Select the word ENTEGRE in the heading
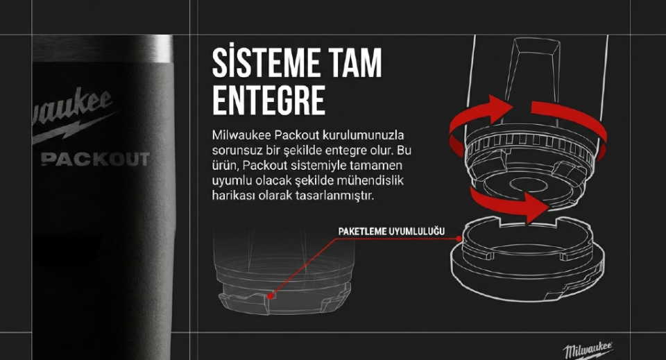[x=268, y=101]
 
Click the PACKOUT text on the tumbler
[x=96, y=160]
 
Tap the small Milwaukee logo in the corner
[x=589, y=350]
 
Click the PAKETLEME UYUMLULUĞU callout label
[x=391, y=232]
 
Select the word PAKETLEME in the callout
[x=362, y=232]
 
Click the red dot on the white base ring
[x=459, y=239]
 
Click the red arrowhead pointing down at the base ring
[x=537, y=207]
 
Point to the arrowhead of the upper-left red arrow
[x=500, y=106]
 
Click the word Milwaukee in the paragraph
[x=241, y=135]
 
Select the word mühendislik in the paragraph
[x=370, y=180]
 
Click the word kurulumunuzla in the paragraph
[x=363, y=135]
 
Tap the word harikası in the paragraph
[x=231, y=196]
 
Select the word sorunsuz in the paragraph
[x=236, y=151]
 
